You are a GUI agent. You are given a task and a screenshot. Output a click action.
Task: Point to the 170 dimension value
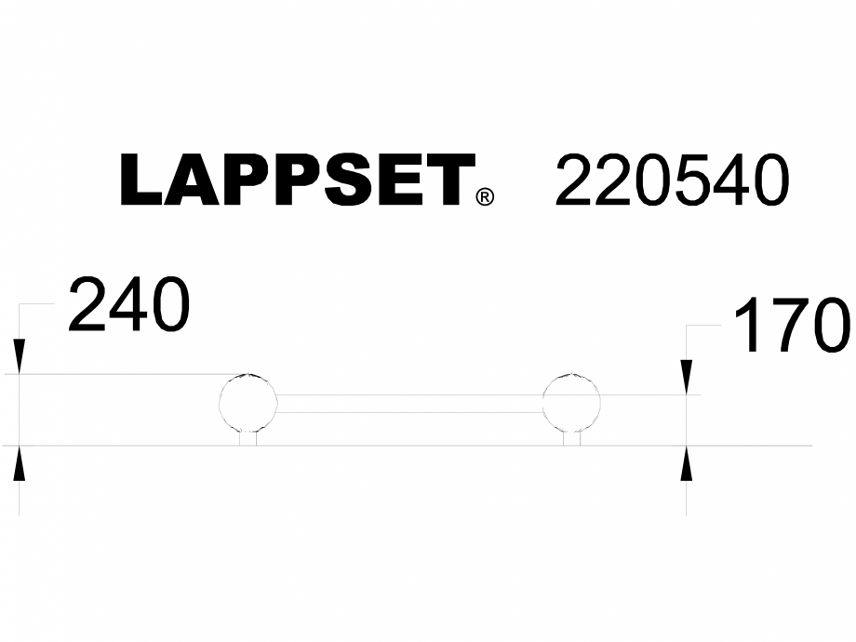click(x=792, y=326)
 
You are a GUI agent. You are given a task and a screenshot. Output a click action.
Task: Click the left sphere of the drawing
click(x=248, y=403)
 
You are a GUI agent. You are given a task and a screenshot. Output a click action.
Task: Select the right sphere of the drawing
click(x=571, y=403)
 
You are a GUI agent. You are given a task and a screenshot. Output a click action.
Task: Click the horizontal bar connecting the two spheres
click(x=409, y=404)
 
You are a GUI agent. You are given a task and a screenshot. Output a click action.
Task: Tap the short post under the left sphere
click(x=248, y=439)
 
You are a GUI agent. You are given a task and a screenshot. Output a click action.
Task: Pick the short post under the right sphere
click(x=572, y=439)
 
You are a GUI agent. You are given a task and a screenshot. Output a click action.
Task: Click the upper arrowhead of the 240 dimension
click(x=20, y=358)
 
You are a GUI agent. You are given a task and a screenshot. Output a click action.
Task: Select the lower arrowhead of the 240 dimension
click(x=20, y=462)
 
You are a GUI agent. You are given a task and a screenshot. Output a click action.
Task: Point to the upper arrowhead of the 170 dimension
click(x=687, y=378)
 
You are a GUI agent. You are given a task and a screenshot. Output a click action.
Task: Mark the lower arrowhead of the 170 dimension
click(x=687, y=462)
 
